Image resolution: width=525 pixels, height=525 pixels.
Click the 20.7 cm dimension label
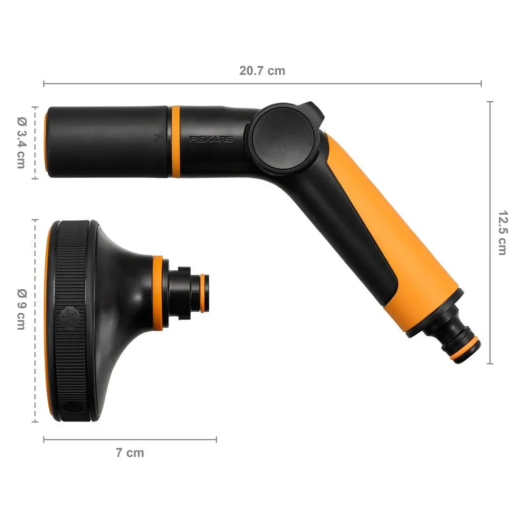tap(262, 71)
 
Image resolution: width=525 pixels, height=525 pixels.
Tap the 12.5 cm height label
tap(502, 233)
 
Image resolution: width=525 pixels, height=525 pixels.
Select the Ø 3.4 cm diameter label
tap(22, 143)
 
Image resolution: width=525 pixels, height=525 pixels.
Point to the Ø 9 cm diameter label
tap(22, 309)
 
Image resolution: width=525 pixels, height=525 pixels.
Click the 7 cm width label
tap(130, 452)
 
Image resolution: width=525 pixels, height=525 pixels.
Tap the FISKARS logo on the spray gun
tap(211, 139)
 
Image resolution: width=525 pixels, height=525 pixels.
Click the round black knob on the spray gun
tap(283, 138)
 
